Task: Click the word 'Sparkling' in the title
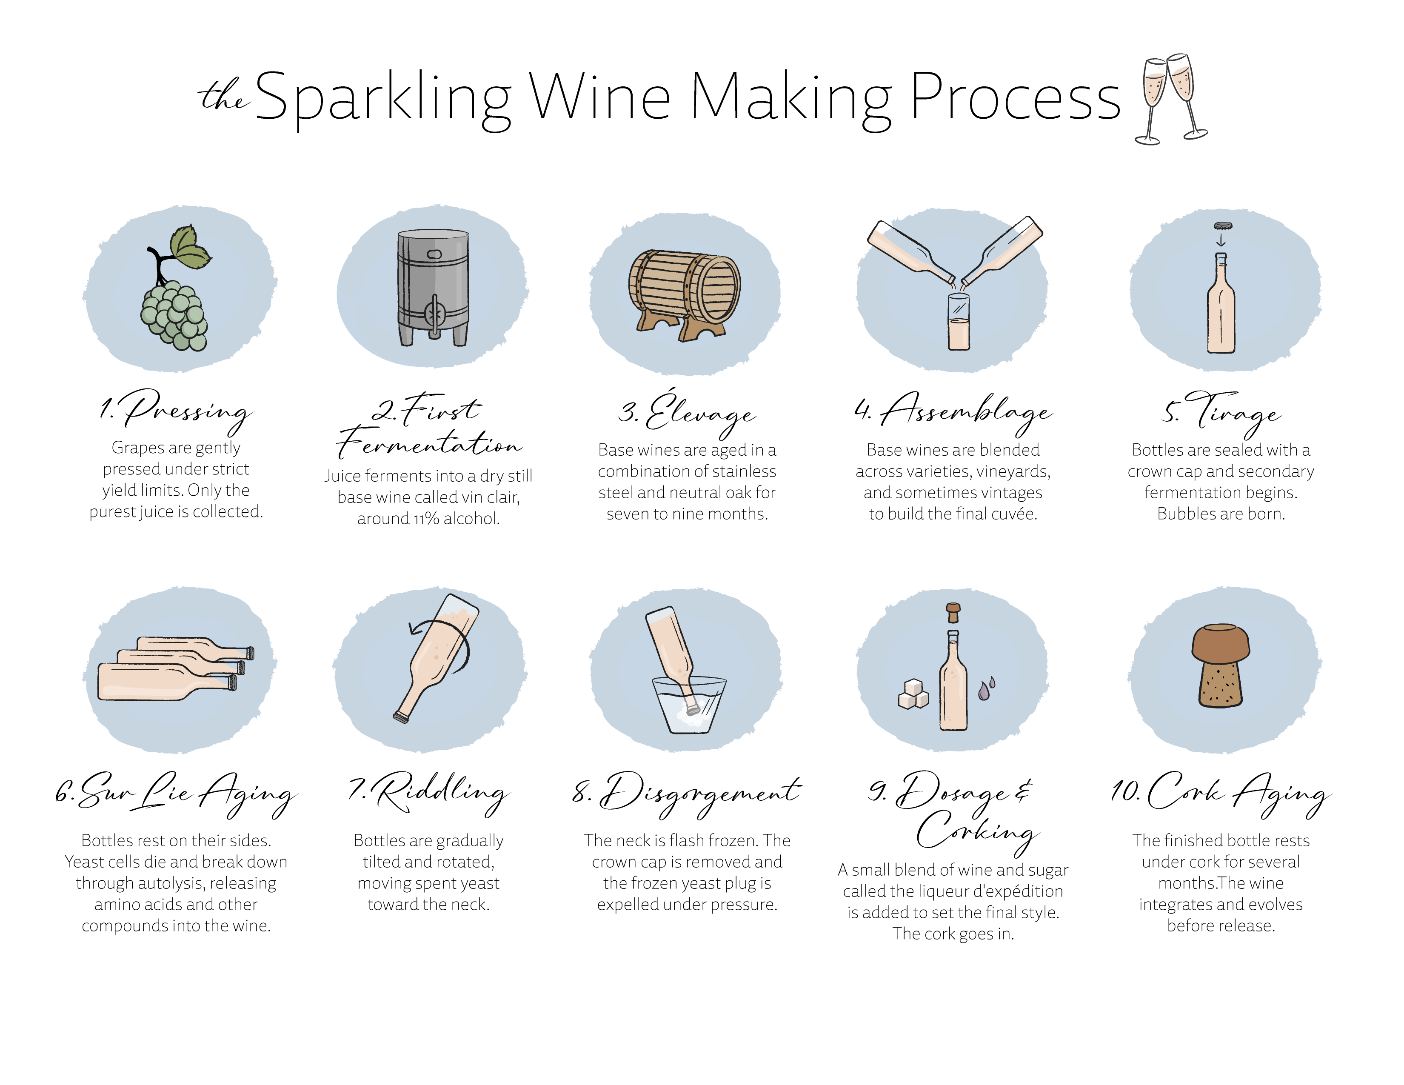click(384, 98)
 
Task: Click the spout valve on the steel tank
click(434, 315)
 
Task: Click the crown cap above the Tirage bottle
click(1222, 226)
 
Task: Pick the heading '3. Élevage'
click(687, 413)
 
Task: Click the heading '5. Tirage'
click(1221, 413)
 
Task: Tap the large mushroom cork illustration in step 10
click(1221, 665)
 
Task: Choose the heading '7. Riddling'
click(429, 793)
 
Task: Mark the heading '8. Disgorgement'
click(687, 794)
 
